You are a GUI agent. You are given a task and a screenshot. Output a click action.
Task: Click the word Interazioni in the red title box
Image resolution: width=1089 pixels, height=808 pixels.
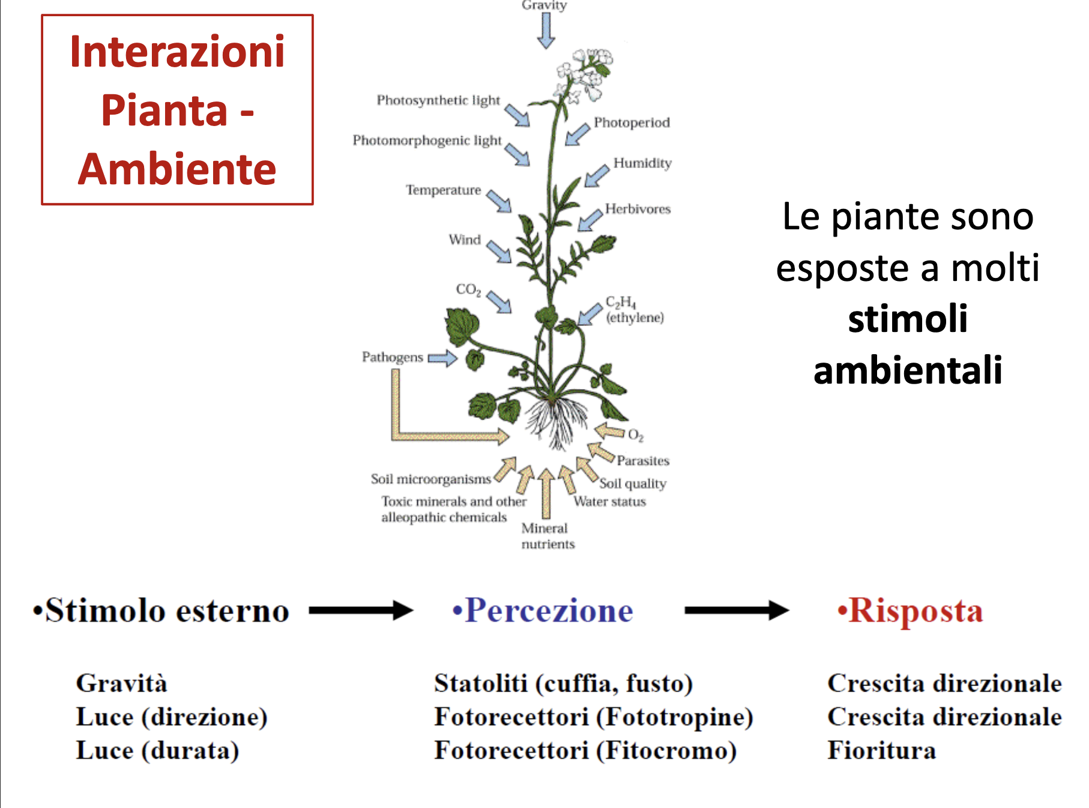[x=177, y=52]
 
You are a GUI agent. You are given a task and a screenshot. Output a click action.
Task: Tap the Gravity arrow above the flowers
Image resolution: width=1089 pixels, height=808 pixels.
[x=546, y=30]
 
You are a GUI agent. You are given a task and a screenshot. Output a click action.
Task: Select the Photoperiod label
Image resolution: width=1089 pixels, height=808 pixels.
[x=632, y=122]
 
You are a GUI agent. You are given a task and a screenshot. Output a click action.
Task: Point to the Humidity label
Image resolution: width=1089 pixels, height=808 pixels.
[x=642, y=163]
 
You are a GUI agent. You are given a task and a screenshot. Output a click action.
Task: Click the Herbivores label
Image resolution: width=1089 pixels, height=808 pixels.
[x=638, y=209]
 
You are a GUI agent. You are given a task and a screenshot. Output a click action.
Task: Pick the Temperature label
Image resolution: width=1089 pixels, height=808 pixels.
[x=443, y=190]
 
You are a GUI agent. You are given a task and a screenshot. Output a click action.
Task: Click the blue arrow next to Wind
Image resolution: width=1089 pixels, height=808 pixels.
[x=498, y=251]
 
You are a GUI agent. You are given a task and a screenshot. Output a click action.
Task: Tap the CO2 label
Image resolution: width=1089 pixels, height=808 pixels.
[x=468, y=290]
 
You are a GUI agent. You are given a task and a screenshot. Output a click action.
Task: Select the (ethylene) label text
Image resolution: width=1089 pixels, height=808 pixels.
[x=635, y=318]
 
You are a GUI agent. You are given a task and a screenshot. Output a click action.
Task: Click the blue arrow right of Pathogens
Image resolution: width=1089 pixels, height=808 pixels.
[x=442, y=359]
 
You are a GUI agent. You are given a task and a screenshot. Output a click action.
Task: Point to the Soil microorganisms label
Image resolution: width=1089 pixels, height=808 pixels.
[x=430, y=479]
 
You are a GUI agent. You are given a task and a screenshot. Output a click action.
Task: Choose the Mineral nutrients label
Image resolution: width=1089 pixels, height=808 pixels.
[x=548, y=536]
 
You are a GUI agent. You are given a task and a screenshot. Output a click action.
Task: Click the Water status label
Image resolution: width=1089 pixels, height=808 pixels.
[x=610, y=502]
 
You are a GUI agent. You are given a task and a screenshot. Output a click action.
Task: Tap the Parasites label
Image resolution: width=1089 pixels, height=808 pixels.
[x=643, y=461]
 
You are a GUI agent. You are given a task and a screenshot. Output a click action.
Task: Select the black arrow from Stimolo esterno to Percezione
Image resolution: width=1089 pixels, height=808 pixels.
[x=361, y=611]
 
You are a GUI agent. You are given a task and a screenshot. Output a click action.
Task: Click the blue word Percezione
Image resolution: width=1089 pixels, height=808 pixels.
[x=549, y=611]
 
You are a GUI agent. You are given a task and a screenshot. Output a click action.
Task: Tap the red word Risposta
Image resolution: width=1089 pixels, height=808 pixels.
[x=916, y=611]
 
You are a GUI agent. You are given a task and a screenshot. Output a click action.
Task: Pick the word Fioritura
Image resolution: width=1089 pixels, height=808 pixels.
[x=881, y=750]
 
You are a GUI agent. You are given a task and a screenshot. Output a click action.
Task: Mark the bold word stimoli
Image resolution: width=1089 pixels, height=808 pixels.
[x=908, y=319]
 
